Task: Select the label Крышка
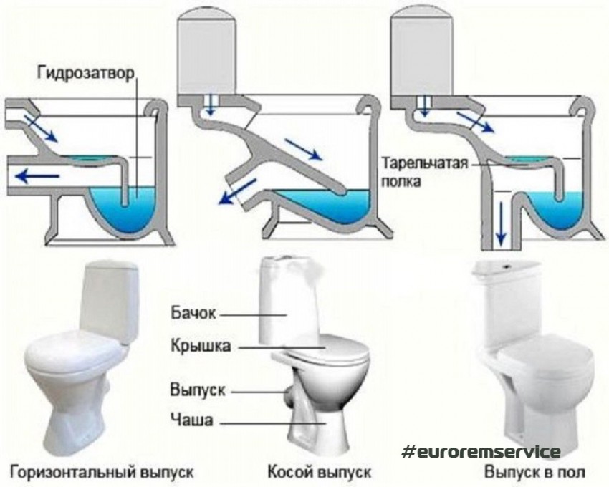[200, 347]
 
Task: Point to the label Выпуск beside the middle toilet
[198, 391]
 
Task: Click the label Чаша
[190, 419]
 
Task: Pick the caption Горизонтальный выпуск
[102, 473]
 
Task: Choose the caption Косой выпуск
[320, 473]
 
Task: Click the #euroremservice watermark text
[481, 451]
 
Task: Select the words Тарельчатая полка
[425, 171]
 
